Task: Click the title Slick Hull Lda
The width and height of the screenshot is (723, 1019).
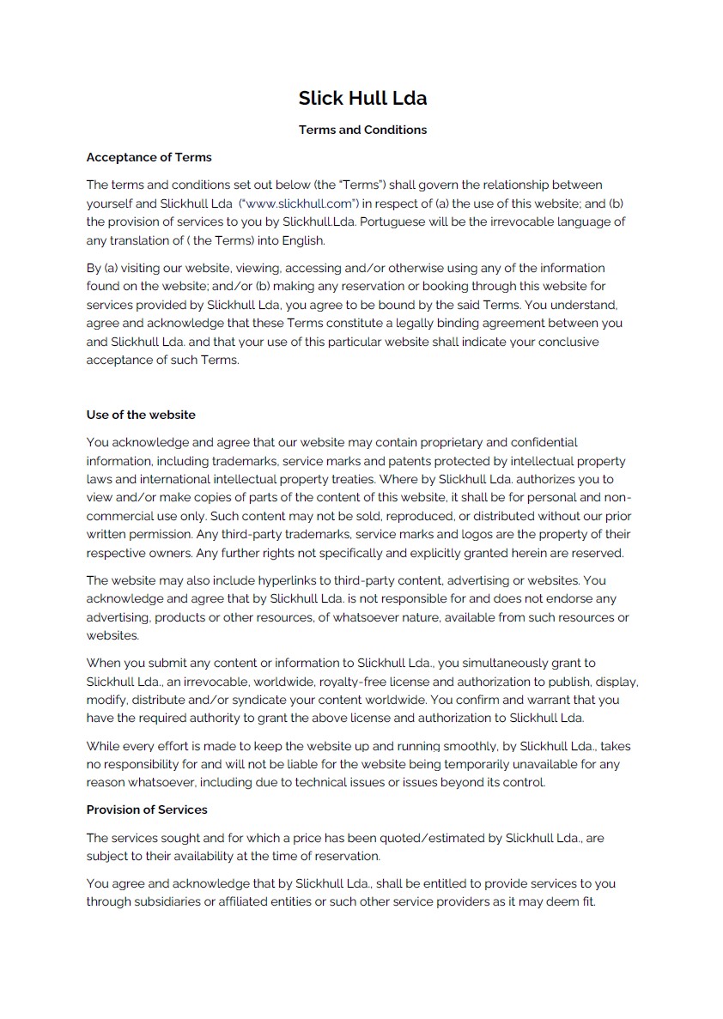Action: pyautogui.click(x=362, y=98)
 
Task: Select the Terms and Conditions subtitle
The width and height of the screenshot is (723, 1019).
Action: pyautogui.click(x=362, y=130)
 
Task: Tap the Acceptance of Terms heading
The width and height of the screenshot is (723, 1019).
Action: pyautogui.click(x=149, y=157)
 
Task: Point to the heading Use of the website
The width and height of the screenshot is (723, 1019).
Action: pyautogui.click(x=141, y=415)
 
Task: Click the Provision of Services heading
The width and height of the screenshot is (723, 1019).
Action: pyautogui.click(x=147, y=810)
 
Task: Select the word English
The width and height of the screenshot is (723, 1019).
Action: pyautogui.click(x=301, y=240)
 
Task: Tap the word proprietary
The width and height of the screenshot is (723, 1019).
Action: pyautogui.click(x=446, y=442)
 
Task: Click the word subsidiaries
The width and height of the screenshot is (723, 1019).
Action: pyautogui.click(x=156, y=902)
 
